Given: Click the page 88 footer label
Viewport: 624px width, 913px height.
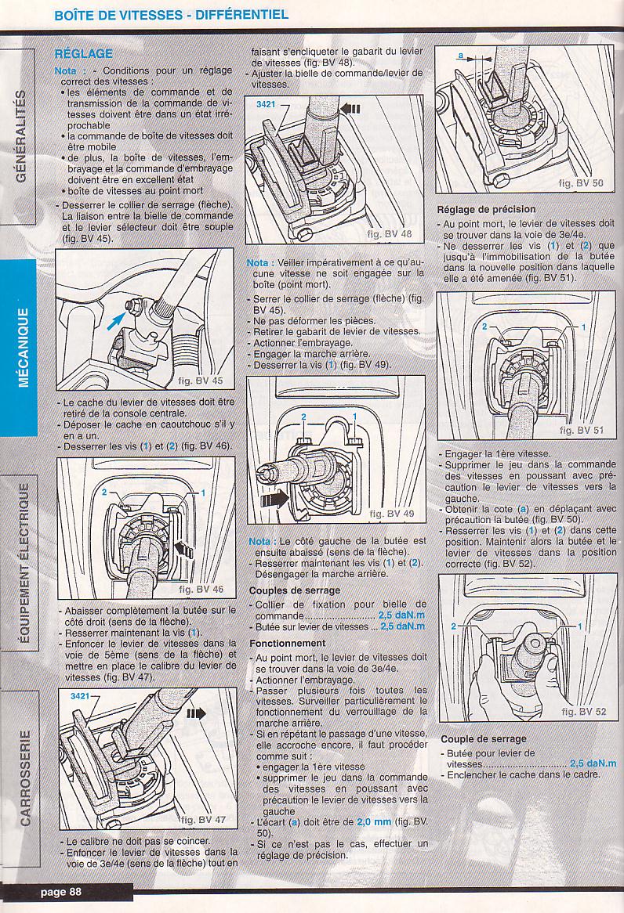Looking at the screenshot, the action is (60, 891).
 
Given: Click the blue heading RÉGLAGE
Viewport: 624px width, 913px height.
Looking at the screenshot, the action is (83, 53).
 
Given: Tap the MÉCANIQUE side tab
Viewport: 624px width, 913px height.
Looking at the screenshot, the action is (23, 347).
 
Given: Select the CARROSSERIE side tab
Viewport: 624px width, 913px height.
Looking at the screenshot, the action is (24, 777).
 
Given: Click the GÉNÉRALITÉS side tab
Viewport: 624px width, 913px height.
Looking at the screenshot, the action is (20, 135).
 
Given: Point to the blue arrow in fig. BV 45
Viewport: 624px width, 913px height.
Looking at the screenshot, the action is (116, 320).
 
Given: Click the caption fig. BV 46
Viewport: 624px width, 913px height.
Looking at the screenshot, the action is (201, 589).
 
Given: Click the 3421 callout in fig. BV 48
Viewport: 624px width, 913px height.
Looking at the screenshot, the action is (266, 104).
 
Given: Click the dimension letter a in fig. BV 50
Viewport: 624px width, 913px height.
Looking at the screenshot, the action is (460, 56).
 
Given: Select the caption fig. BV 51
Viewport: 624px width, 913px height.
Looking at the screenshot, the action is (582, 431).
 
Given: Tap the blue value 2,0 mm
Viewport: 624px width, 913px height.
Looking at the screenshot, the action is (374, 822).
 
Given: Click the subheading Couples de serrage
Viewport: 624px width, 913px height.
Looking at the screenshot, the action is (295, 590).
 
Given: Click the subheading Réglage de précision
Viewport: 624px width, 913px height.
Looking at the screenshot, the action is (486, 209).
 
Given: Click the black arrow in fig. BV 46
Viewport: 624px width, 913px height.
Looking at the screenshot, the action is (183, 548).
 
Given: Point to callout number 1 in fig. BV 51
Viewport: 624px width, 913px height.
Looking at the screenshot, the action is (583, 327).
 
